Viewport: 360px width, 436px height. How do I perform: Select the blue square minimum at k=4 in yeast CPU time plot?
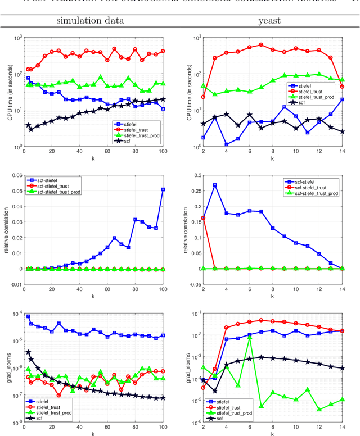click(x=227, y=144)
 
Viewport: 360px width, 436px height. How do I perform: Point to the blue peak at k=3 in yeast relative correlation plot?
click(x=215, y=185)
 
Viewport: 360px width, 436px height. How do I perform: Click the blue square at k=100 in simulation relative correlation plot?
click(x=163, y=189)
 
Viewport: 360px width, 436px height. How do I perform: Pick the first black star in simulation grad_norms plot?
click(x=28, y=352)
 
